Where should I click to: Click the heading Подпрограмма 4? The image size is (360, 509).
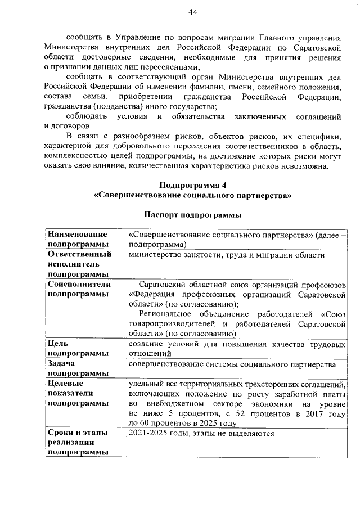tap(193, 185)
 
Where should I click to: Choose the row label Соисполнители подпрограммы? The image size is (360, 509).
tap(79, 289)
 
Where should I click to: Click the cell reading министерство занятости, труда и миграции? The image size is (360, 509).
tap(226, 255)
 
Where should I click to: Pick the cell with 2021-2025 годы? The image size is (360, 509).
tap(201, 433)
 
